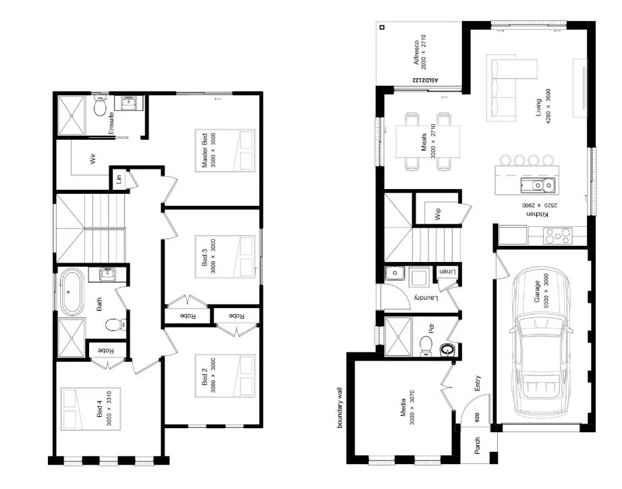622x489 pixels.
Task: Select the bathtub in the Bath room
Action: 71,292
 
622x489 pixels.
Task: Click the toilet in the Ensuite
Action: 101,108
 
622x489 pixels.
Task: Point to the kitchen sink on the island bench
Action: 537,184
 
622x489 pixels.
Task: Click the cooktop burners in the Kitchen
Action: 558,236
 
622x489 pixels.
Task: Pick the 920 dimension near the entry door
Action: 477,417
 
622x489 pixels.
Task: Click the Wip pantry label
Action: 437,214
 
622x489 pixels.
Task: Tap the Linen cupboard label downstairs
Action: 447,271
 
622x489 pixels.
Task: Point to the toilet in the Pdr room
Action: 426,345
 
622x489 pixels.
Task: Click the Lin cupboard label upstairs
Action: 118,179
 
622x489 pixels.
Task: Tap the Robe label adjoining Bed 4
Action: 105,351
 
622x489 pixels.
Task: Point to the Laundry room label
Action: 422,298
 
